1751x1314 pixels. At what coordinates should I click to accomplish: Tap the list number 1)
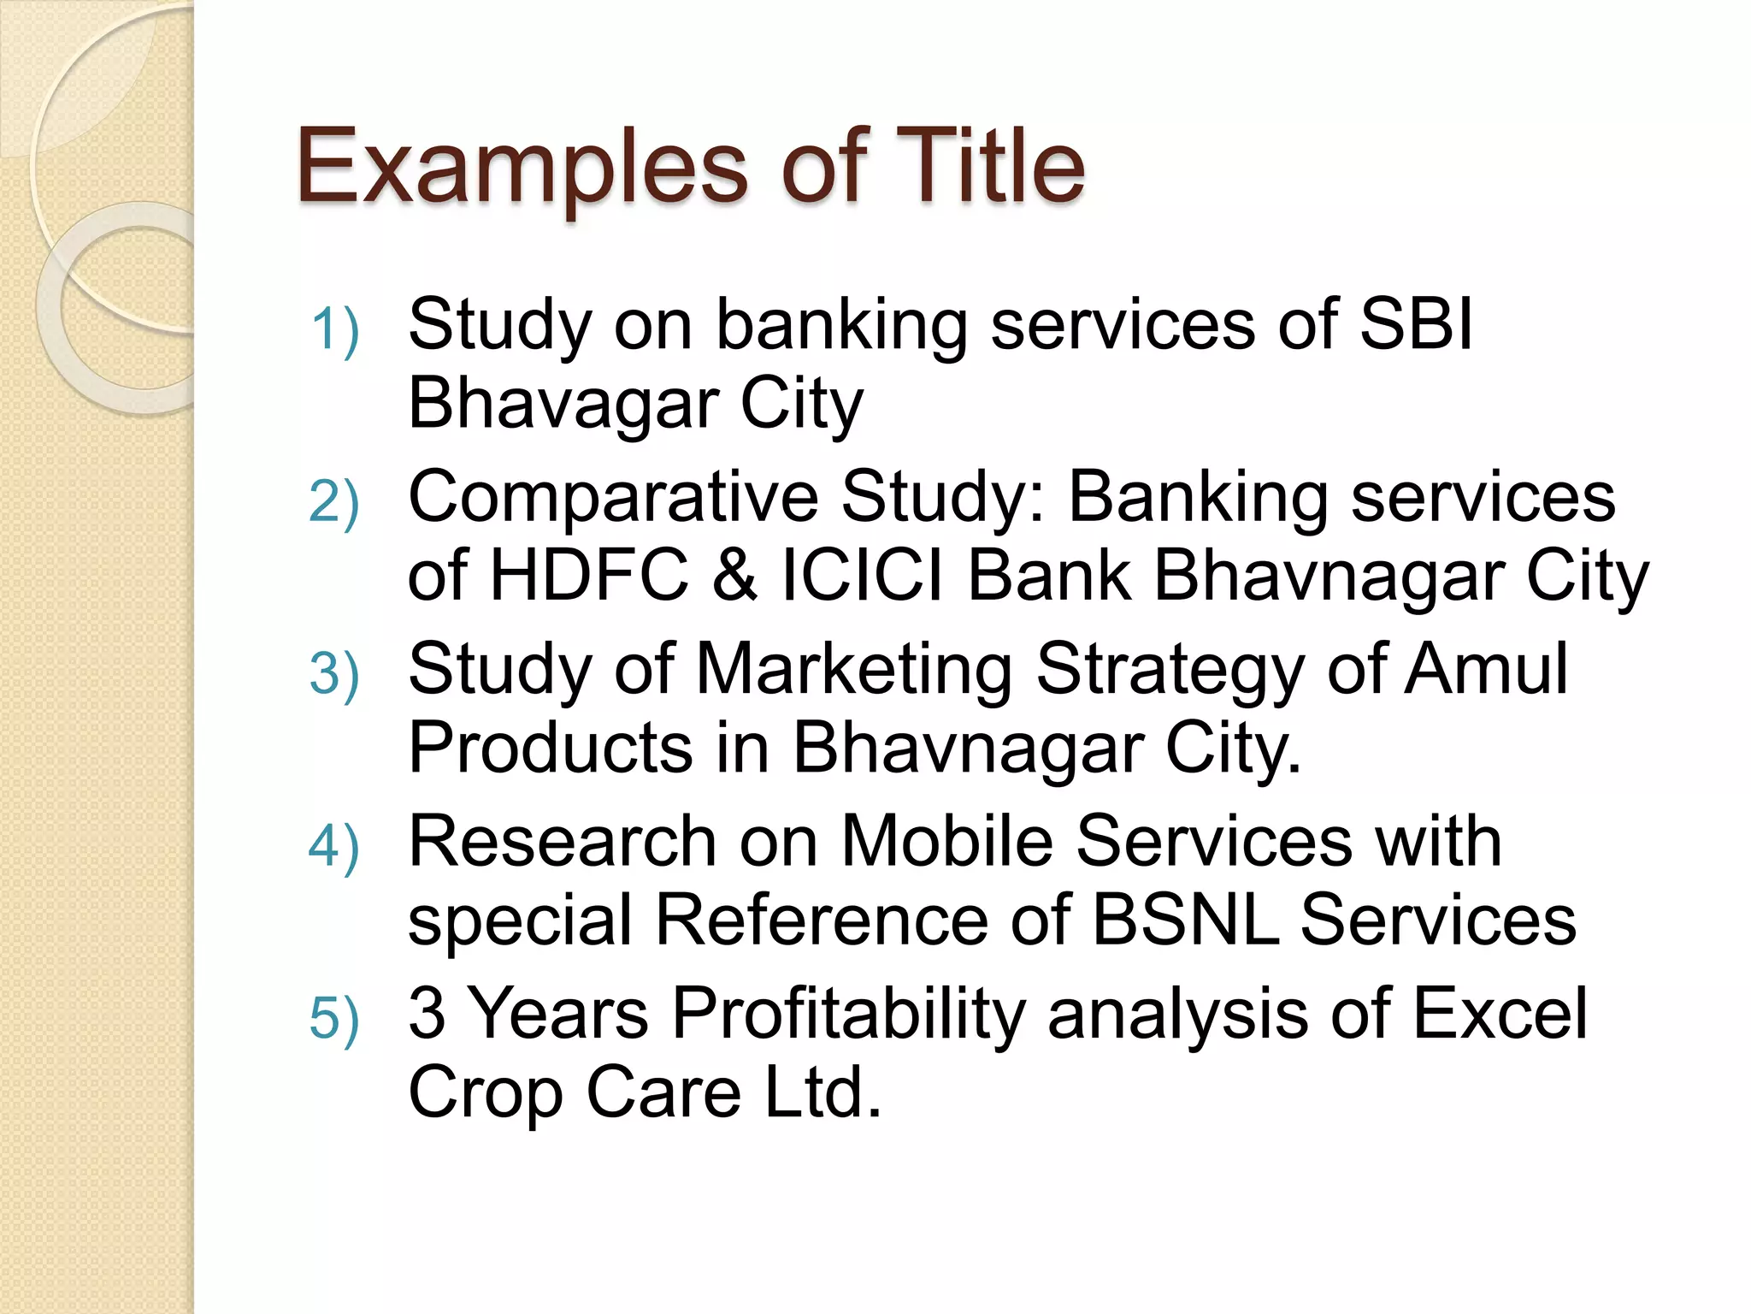[x=334, y=330]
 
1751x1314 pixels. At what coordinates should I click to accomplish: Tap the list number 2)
[x=334, y=503]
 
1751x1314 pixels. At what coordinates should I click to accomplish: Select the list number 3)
[x=334, y=676]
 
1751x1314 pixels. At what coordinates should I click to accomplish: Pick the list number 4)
[x=334, y=847]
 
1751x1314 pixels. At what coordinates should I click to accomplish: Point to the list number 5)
[x=334, y=1019]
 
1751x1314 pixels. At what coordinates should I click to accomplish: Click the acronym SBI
[x=1416, y=325]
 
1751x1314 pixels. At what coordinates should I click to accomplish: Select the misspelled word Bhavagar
[x=563, y=404]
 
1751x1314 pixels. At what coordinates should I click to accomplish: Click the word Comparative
[x=614, y=498]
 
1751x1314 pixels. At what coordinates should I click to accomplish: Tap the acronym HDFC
[x=589, y=576]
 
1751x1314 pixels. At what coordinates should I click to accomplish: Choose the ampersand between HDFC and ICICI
[x=734, y=576]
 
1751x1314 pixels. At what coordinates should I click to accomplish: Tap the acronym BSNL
[x=1186, y=920]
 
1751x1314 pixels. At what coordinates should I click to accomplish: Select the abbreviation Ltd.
[x=822, y=1092]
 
